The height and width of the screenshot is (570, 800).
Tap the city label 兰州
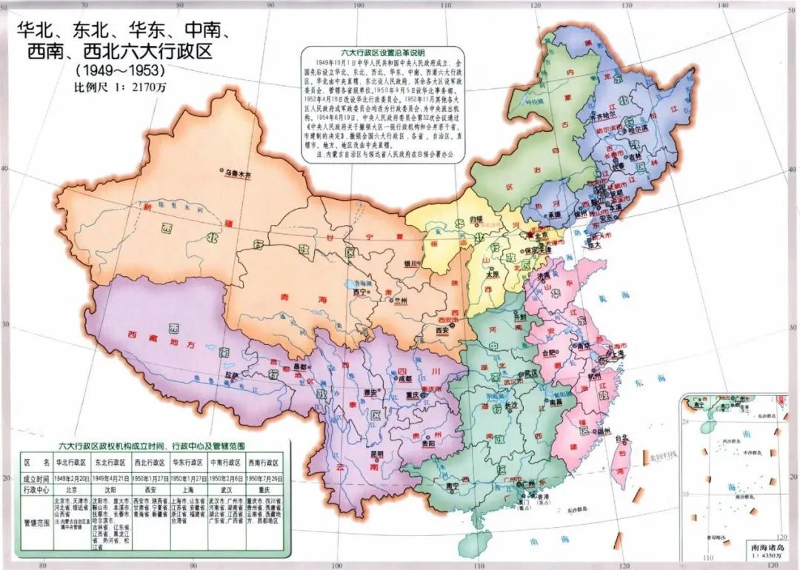point(402,301)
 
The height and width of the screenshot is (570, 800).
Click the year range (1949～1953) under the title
point(119,71)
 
